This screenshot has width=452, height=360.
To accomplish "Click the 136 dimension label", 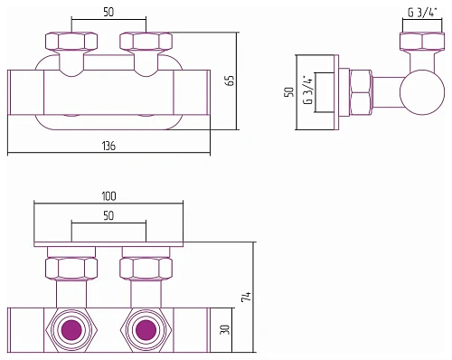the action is [108, 146].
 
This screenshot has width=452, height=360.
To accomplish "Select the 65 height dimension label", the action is [231, 81].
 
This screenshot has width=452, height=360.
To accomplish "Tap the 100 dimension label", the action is [108, 196].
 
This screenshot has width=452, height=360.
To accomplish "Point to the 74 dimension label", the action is [246, 297].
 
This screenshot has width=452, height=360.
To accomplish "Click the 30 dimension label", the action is [225, 329].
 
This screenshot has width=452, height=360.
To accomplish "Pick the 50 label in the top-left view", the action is [108, 13].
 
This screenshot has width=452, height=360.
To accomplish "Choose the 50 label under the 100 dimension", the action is [108, 215].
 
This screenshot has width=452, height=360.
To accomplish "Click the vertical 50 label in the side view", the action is [289, 92].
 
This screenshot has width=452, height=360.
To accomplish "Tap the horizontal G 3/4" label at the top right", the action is [422, 13].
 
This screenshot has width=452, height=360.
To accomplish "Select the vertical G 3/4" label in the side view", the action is [308, 90].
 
